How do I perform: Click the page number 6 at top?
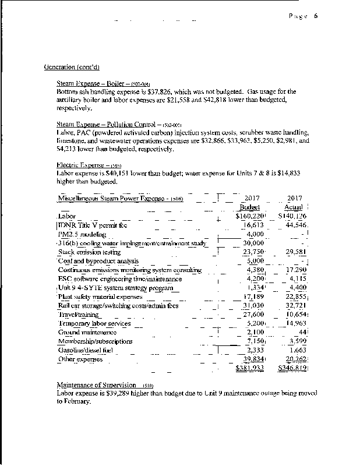tap(315, 16)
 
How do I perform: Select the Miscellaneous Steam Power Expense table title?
tap(121, 199)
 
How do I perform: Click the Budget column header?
tap(250, 207)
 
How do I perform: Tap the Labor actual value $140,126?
tap(292, 216)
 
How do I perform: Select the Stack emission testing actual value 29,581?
tap(295, 252)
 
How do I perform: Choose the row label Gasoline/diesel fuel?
tap(87, 350)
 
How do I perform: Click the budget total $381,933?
tap(250, 369)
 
